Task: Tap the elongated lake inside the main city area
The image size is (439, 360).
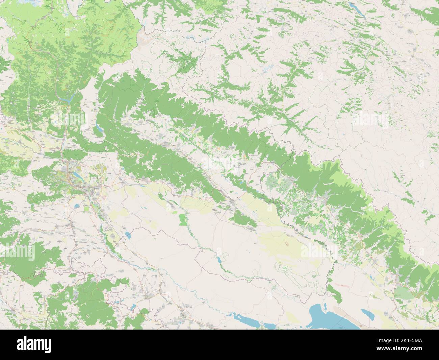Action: (x=73, y=174)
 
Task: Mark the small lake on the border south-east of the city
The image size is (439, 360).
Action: (x=128, y=235)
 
